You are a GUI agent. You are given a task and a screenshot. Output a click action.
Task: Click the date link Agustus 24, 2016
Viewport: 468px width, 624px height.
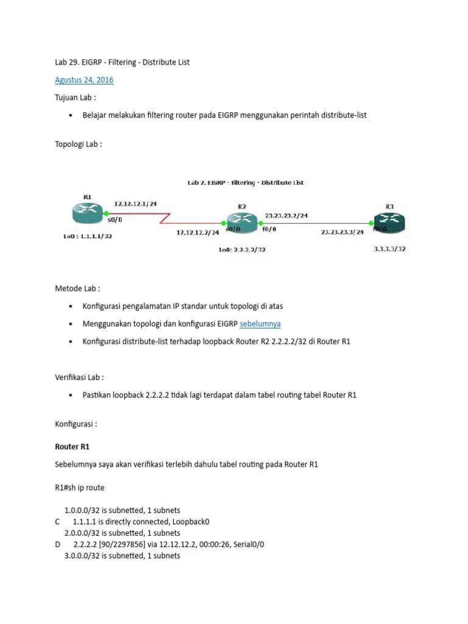pyautogui.click(x=84, y=80)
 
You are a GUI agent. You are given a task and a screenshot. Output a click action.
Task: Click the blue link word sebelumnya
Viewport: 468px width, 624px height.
pyautogui.click(x=260, y=324)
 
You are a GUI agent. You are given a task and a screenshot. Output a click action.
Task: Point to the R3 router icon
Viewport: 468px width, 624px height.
pyautogui.click(x=389, y=221)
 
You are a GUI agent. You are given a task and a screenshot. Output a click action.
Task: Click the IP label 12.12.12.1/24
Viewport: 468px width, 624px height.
pyautogui.click(x=135, y=204)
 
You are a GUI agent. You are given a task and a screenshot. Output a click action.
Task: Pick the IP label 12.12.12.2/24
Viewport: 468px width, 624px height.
pyautogui.click(x=197, y=232)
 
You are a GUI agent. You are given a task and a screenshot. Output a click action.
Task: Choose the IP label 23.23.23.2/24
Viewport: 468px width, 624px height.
pyautogui.click(x=286, y=215)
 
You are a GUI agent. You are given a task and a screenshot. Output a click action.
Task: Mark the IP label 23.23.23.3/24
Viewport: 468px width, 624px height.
pyautogui.click(x=341, y=232)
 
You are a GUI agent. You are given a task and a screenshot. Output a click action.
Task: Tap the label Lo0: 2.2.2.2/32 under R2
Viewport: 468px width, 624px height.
pyautogui.click(x=242, y=249)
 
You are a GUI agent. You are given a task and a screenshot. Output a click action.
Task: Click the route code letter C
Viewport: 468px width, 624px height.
pyautogui.click(x=57, y=522)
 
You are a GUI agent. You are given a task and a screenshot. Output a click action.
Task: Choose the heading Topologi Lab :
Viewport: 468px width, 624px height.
pyautogui.click(x=79, y=144)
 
